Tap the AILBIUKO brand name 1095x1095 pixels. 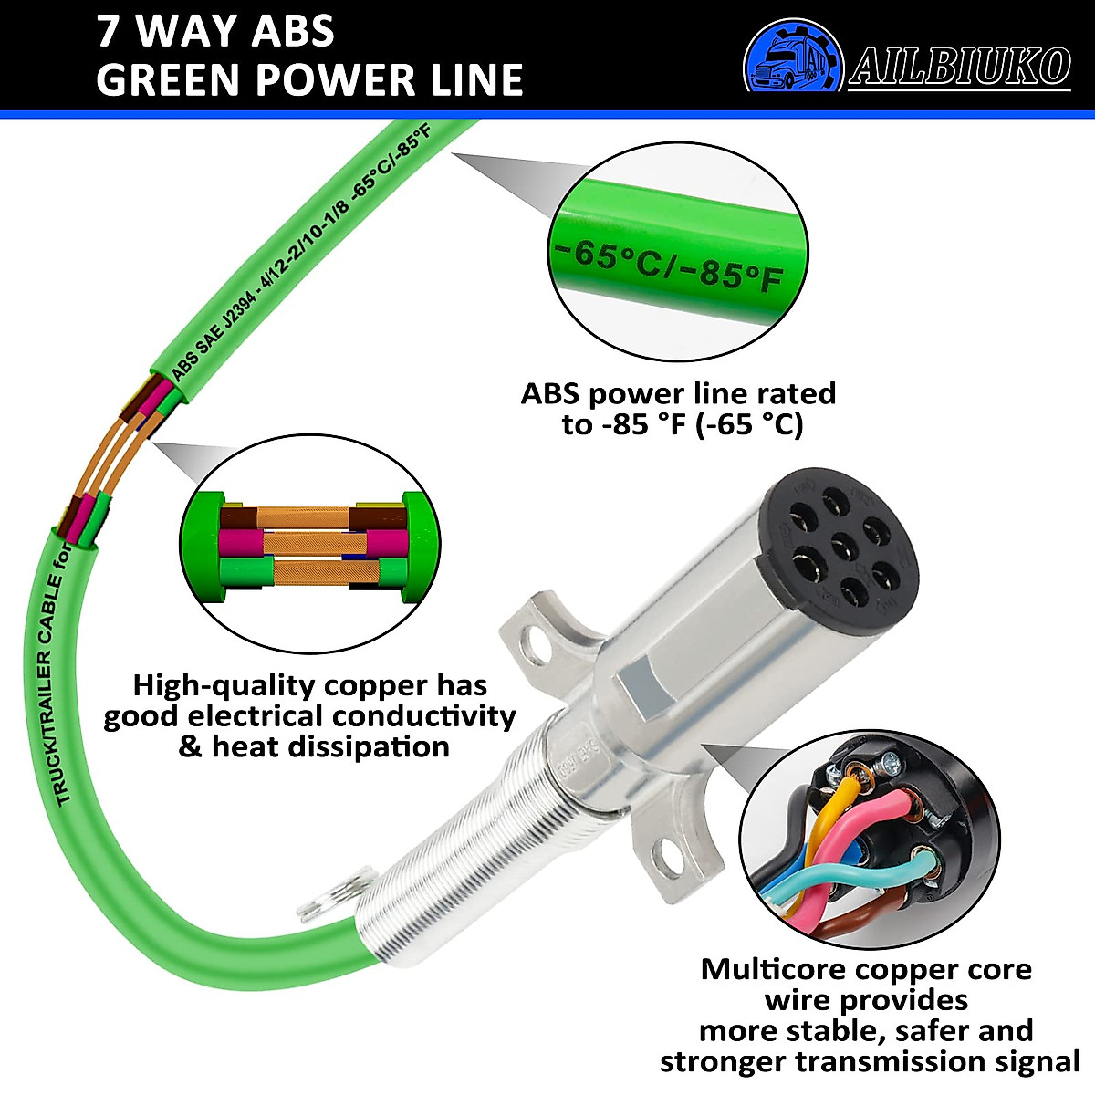tap(960, 67)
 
